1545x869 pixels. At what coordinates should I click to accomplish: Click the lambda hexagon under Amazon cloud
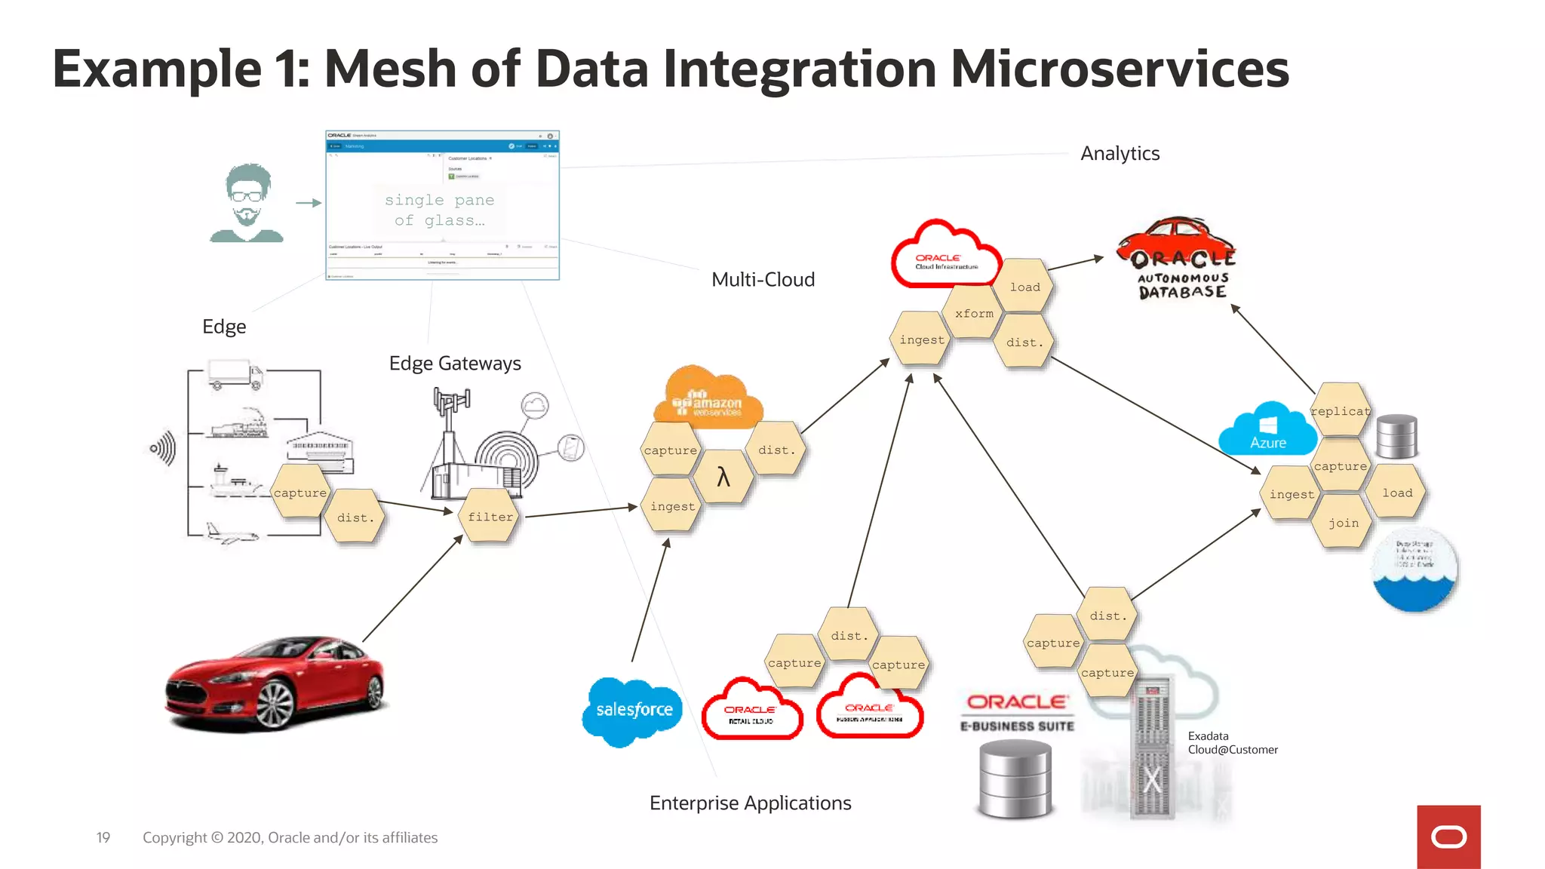pos(723,477)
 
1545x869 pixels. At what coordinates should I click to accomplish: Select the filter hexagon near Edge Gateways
pos(490,517)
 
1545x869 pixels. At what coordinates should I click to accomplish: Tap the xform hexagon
pos(974,314)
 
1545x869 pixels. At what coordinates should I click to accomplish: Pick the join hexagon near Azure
pos(1343,523)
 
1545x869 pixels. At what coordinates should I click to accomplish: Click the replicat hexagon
pos(1340,411)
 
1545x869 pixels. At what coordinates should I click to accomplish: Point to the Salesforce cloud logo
pos(633,710)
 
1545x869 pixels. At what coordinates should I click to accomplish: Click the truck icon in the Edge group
pos(235,374)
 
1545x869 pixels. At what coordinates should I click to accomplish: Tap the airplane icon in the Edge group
pos(231,534)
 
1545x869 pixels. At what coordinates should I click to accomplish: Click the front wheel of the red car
pos(275,705)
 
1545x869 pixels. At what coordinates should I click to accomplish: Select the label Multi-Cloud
pos(763,280)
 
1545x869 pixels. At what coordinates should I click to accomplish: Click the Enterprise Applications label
pos(750,803)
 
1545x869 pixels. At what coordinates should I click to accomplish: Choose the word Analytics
pos(1120,154)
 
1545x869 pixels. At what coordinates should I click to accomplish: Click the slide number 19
pos(103,837)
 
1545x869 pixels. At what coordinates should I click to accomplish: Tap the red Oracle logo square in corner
pos(1448,837)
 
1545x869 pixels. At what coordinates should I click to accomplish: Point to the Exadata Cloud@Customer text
pos(1232,743)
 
